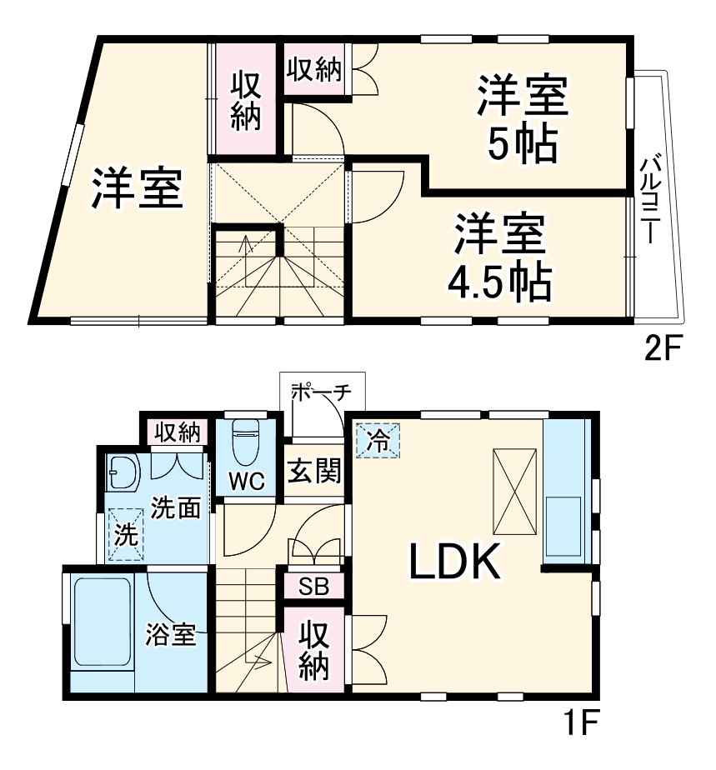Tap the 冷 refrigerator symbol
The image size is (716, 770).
click(x=378, y=441)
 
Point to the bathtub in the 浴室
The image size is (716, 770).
click(x=102, y=621)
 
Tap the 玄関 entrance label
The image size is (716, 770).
click(x=314, y=472)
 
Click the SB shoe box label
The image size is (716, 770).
click(x=314, y=586)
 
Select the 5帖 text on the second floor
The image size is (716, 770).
click(x=522, y=146)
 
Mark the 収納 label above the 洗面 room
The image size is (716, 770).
click(x=177, y=432)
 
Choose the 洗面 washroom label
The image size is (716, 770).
click(x=176, y=507)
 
